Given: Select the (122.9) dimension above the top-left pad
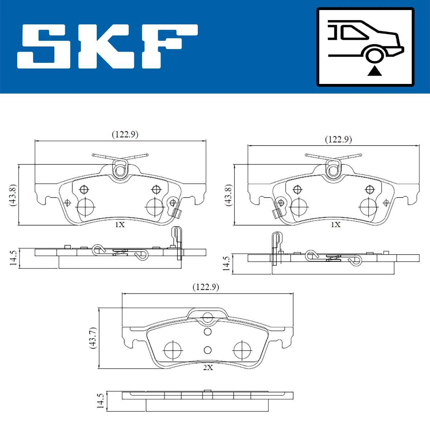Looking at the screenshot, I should tap(125, 134).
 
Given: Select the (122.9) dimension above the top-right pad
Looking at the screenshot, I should tap(338, 139).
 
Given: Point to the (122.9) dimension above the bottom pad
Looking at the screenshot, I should tap(206, 287).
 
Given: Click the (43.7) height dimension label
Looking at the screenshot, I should tap(93, 337).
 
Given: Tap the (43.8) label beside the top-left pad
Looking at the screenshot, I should tap(13, 195).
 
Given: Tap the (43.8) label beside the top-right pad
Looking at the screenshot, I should tap(228, 195).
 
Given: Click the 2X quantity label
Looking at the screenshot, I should tap(208, 368).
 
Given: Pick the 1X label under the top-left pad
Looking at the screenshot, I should tap(120, 225).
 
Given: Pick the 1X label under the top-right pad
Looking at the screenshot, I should tap(335, 225).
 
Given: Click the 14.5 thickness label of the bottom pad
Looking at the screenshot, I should tap(101, 401).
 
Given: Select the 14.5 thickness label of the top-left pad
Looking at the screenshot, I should tap(13, 258).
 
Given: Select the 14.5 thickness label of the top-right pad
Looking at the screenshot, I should tap(226, 263).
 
